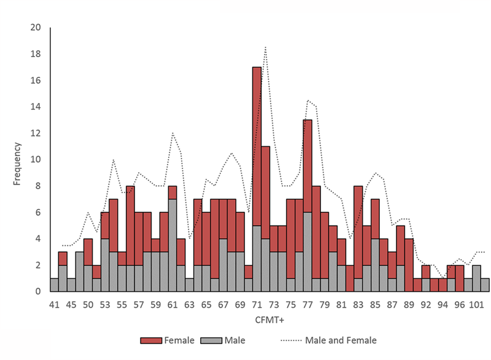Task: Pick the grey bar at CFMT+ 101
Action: [x=476, y=278]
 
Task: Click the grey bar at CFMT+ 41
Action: [x=54, y=285]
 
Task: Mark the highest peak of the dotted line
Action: [x=265, y=47]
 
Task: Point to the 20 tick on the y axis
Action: [x=36, y=28]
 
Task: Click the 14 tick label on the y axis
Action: [x=36, y=107]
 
